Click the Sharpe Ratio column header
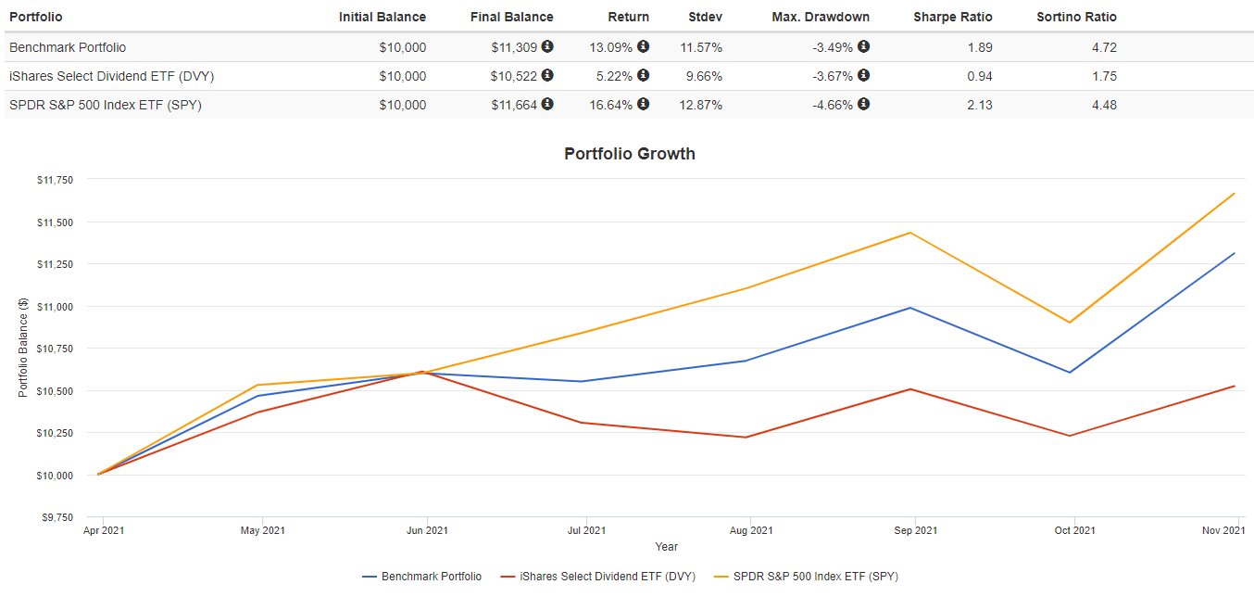pyautogui.click(x=952, y=17)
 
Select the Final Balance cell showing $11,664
pyautogui.click(x=514, y=105)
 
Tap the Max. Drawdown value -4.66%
pyautogui.click(x=833, y=105)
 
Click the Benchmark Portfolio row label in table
pyautogui.click(x=68, y=47)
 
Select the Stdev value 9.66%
pyautogui.click(x=701, y=76)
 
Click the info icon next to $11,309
pyautogui.click(x=547, y=46)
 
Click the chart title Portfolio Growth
pyautogui.click(x=629, y=154)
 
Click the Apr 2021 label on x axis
pyautogui.click(x=102, y=530)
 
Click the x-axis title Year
pyautogui.click(x=666, y=547)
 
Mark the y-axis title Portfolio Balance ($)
pyautogui.click(x=23, y=349)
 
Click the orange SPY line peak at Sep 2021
pyautogui.click(x=911, y=233)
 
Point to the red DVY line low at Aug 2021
pyautogui.click(x=746, y=437)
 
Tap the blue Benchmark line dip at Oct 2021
pyautogui.click(x=1071, y=373)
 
